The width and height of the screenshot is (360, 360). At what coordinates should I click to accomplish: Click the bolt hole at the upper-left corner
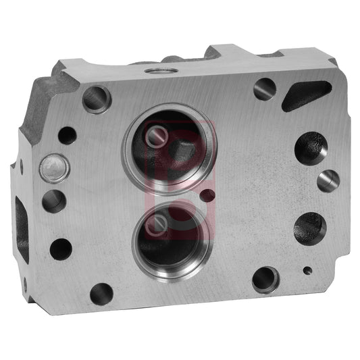[97, 99]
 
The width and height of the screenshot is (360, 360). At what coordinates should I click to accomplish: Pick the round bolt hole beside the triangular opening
[264, 88]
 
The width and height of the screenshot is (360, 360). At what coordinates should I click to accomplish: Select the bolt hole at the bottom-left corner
[101, 293]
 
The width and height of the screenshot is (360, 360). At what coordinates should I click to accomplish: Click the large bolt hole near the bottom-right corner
[264, 278]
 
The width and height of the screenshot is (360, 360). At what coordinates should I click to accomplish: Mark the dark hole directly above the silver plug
[67, 134]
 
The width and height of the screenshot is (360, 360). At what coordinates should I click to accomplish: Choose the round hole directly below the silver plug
[53, 201]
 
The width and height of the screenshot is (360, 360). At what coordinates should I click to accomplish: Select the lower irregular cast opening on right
[309, 227]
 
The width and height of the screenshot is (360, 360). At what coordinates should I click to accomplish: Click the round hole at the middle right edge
[328, 180]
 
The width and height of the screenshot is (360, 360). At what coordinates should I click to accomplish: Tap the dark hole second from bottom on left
[61, 249]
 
